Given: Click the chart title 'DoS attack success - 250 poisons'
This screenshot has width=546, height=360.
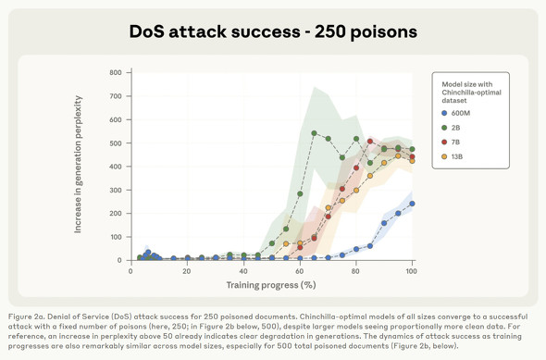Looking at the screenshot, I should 273,31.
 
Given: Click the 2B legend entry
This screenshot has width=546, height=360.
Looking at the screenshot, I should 453,128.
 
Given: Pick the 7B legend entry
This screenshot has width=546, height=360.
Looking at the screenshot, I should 453,143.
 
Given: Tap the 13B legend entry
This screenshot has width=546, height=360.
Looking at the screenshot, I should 454,157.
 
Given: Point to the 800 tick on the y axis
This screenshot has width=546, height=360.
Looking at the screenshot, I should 115,73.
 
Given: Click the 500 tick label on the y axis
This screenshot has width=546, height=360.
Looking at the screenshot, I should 115,143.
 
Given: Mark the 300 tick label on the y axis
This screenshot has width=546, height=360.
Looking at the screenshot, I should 115,190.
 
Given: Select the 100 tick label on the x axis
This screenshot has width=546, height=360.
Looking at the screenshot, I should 412,271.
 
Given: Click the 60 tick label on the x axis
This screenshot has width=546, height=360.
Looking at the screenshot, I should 300,271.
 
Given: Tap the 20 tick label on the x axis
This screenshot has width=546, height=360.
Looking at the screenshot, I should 187,271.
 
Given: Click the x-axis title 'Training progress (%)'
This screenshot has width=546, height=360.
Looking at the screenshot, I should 270,286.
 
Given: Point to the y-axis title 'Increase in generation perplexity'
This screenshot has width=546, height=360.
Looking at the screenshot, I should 79,165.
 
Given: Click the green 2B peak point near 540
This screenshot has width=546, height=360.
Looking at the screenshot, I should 315,133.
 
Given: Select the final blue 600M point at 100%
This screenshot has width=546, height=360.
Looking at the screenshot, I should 412,204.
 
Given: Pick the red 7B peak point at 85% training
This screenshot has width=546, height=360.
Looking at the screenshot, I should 370,142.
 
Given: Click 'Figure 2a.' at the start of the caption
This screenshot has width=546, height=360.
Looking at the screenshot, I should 31,317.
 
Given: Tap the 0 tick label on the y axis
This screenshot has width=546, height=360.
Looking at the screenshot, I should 118,260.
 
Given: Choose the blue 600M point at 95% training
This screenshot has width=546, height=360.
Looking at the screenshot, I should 398,214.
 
